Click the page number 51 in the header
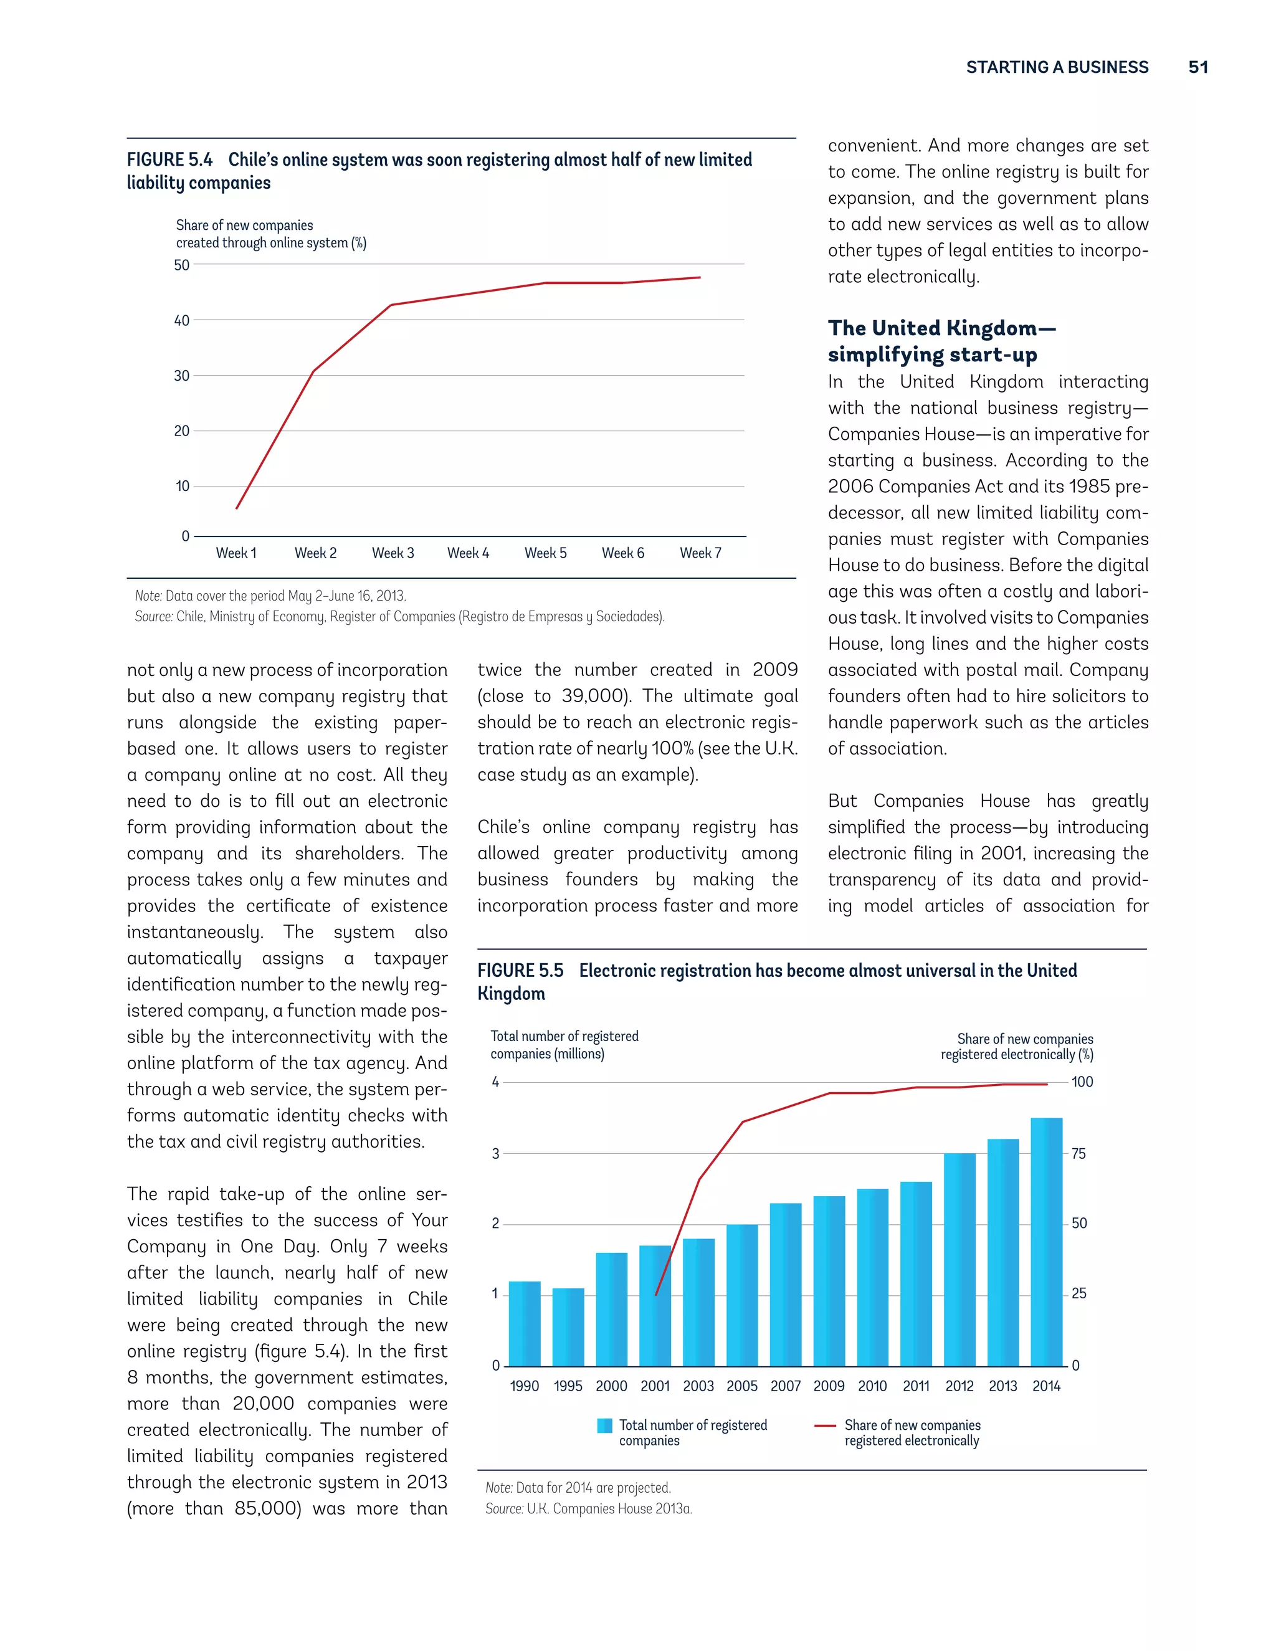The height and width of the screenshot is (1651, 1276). tap(1197, 67)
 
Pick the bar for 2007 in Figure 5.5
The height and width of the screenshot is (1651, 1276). tap(786, 1285)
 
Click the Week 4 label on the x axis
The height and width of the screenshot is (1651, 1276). tap(468, 553)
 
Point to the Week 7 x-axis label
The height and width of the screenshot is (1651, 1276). tap(700, 553)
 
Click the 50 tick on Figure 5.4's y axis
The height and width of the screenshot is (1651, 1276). tap(181, 265)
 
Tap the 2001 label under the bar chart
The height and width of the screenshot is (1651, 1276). tap(655, 1386)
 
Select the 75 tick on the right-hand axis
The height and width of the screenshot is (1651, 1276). tap(1078, 1154)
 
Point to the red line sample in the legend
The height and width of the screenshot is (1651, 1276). tap(825, 1425)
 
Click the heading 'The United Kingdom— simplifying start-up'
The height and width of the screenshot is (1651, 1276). tap(941, 341)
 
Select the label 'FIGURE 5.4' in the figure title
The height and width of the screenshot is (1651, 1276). tap(169, 160)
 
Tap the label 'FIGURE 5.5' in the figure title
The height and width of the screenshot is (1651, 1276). tap(520, 971)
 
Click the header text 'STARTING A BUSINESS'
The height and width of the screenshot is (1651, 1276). tap(1057, 67)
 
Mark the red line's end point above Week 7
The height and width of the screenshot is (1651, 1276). tap(700, 277)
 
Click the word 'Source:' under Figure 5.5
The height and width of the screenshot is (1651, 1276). tap(504, 1508)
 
